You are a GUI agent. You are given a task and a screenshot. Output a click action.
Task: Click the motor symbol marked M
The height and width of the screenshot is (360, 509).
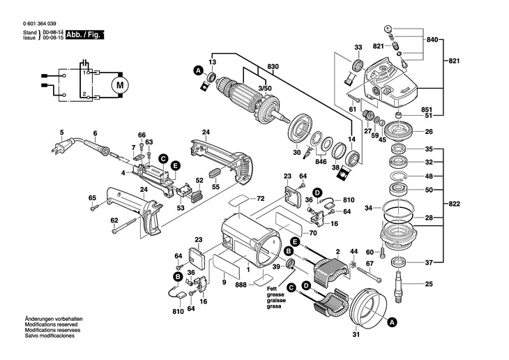(x=119, y=85)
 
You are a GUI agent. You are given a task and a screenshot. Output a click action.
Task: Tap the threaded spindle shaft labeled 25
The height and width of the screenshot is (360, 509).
(x=400, y=283)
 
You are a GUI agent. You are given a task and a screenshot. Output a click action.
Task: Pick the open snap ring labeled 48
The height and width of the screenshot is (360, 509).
(x=400, y=176)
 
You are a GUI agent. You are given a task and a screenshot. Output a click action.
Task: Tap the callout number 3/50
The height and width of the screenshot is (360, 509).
(x=265, y=89)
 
